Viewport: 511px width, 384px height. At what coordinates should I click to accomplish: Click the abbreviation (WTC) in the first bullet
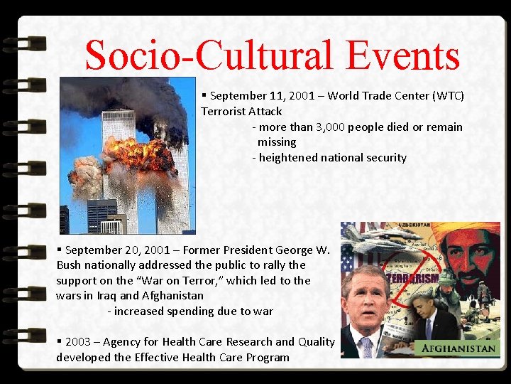[x=447, y=96]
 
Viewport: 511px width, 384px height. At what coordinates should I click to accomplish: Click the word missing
[x=277, y=142]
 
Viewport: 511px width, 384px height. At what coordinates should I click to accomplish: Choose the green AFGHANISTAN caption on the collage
[x=459, y=348]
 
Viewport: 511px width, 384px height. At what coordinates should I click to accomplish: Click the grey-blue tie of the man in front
[x=366, y=348]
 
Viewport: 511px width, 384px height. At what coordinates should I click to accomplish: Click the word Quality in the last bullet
[x=316, y=342]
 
